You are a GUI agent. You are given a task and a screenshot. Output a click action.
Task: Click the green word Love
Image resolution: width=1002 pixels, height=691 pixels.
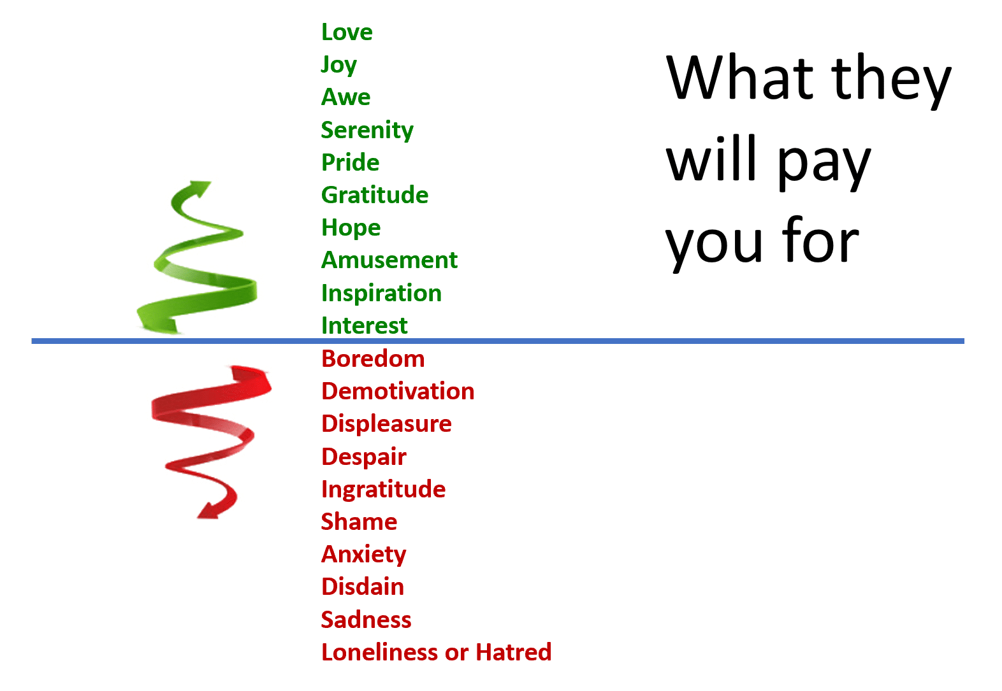tap(347, 32)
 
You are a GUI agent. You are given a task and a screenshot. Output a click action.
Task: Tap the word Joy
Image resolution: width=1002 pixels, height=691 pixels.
tap(339, 65)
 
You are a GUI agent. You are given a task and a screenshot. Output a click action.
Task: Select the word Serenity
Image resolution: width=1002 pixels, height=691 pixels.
tap(367, 131)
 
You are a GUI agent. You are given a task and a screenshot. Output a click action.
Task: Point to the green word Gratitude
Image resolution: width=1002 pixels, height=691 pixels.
tap(375, 196)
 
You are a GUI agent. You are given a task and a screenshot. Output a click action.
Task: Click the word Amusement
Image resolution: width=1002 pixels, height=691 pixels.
tap(389, 260)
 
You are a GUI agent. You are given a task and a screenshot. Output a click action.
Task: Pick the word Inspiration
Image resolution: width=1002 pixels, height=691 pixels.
tap(382, 293)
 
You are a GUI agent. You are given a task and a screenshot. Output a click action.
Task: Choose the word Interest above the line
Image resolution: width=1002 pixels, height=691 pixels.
tap(365, 325)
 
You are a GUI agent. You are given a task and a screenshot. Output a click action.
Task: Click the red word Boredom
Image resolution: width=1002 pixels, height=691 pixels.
tap(373, 359)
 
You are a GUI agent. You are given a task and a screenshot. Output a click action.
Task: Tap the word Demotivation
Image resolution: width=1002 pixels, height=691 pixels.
tap(398, 391)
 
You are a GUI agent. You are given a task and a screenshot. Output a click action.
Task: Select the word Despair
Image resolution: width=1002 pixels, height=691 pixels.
tap(364, 457)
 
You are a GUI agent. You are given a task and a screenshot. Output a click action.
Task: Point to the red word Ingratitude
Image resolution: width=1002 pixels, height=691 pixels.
tap(384, 489)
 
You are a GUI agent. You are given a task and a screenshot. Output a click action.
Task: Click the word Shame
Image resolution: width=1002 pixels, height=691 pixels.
tap(359, 522)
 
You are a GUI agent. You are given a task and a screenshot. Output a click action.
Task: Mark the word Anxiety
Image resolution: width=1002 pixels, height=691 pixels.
tap(364, 555)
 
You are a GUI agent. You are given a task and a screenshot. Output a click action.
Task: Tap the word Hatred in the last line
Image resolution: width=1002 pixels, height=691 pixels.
tap(514, 652)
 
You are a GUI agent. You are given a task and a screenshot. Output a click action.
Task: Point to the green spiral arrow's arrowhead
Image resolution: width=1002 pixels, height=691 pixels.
tap(200, 188)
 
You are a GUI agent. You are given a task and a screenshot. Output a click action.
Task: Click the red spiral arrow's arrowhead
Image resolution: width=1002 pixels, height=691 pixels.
tap(208, 510)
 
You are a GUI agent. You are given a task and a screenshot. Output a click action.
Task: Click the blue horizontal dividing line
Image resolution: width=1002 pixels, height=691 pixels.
tap(498, 341)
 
